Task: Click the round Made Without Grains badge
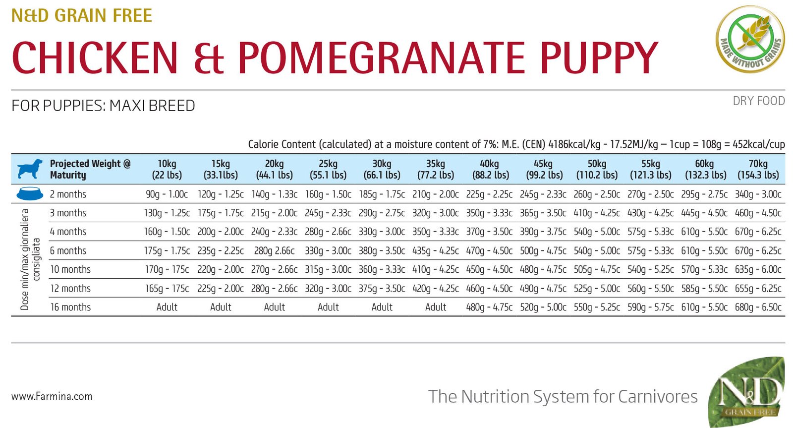coord(750,39)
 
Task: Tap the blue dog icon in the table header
coord(30,169)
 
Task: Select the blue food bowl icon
coord(30,194)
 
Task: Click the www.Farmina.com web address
coord(52,396)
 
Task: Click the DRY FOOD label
coord(758,101)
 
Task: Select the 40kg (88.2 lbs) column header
coord(489,169)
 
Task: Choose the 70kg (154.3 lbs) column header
coord(758,169)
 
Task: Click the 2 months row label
coord(68,194)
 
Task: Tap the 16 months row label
coord(70,307)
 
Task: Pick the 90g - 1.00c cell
coord(167,194)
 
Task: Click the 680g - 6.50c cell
coord(758,307)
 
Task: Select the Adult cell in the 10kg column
coord(167,307)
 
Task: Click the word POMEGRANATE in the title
coord(381,58)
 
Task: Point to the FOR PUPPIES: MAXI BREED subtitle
coord(103,106)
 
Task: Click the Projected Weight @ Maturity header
coord(90,169)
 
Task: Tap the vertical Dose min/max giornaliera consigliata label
coord(30,259)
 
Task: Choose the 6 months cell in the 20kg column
coord(274,250)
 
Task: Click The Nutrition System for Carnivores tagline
coord(563,396)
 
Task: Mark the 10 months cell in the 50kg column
coord(597,269)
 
